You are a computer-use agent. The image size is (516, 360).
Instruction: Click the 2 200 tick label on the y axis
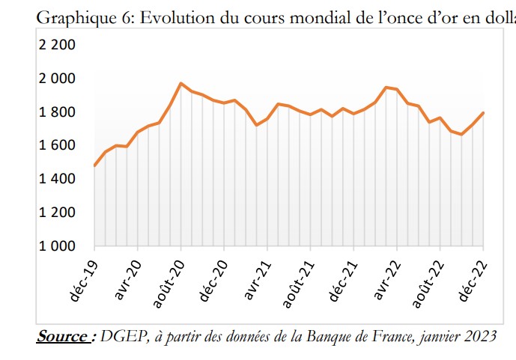(57, 45)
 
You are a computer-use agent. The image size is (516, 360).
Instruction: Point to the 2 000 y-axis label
(57, 79)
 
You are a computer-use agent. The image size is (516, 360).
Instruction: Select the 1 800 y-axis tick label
(57, 112)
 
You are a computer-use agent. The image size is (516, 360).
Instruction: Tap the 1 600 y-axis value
(57, 145)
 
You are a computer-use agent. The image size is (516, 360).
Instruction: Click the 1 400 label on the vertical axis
(57, 179)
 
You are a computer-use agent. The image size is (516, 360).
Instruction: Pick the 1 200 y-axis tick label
(57, 213)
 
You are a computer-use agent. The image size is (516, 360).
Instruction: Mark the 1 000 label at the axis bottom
(57, 245)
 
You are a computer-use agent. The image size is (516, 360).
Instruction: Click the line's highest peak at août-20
(181, 83)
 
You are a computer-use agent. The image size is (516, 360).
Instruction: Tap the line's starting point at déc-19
(94, 165)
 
